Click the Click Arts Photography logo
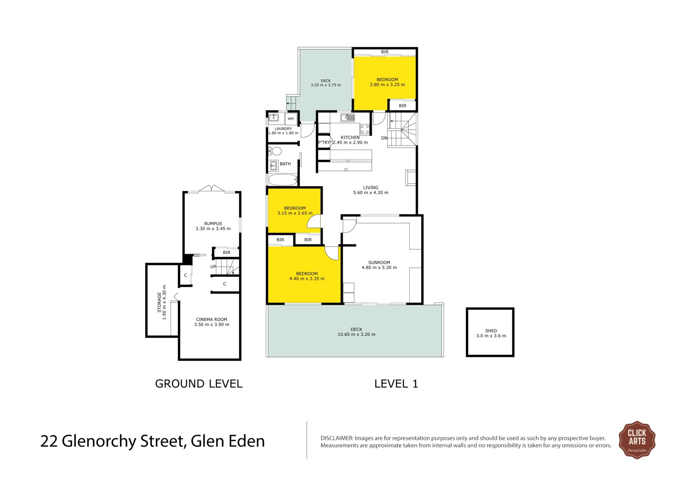pyautogui.click(x=637, y=440)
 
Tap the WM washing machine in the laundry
pyautogui.click(x=291, y=119)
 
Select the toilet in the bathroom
pyautogui.click(x=275, y=151)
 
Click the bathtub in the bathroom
pyautogui.click(x=283, y=180)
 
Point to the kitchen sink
pyautogui.click(x=348, y=117)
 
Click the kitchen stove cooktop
pyautogui.click(x=365, y=129)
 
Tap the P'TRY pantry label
pyautogui.click(x=324, y=142)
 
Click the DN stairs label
pyautogui.click(x=384, y=138)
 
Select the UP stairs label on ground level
pyautogui.click(x=213, y=267)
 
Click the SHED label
pyautogui.click(x=491, y=331)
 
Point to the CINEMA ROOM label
pyautogui.click(x=212, y=319)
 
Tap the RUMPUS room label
pyautogui.click(x=213, y=223)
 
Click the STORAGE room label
pyautogui.click(x=159, y=302)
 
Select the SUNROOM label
pyautogui.click(x=379, y=262)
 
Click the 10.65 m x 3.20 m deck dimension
pyautogui.click(x=357, y=334)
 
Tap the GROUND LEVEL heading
pyautogui.click(x=199, y=384)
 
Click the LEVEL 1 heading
pyautogui.click(x=396, y=384)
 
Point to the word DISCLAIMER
pyautogui.click(x=337, y=438)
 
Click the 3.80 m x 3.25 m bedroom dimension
pyautogui.click(x=387, y=85)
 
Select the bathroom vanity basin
pyautogui.click(x=273, y=165)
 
